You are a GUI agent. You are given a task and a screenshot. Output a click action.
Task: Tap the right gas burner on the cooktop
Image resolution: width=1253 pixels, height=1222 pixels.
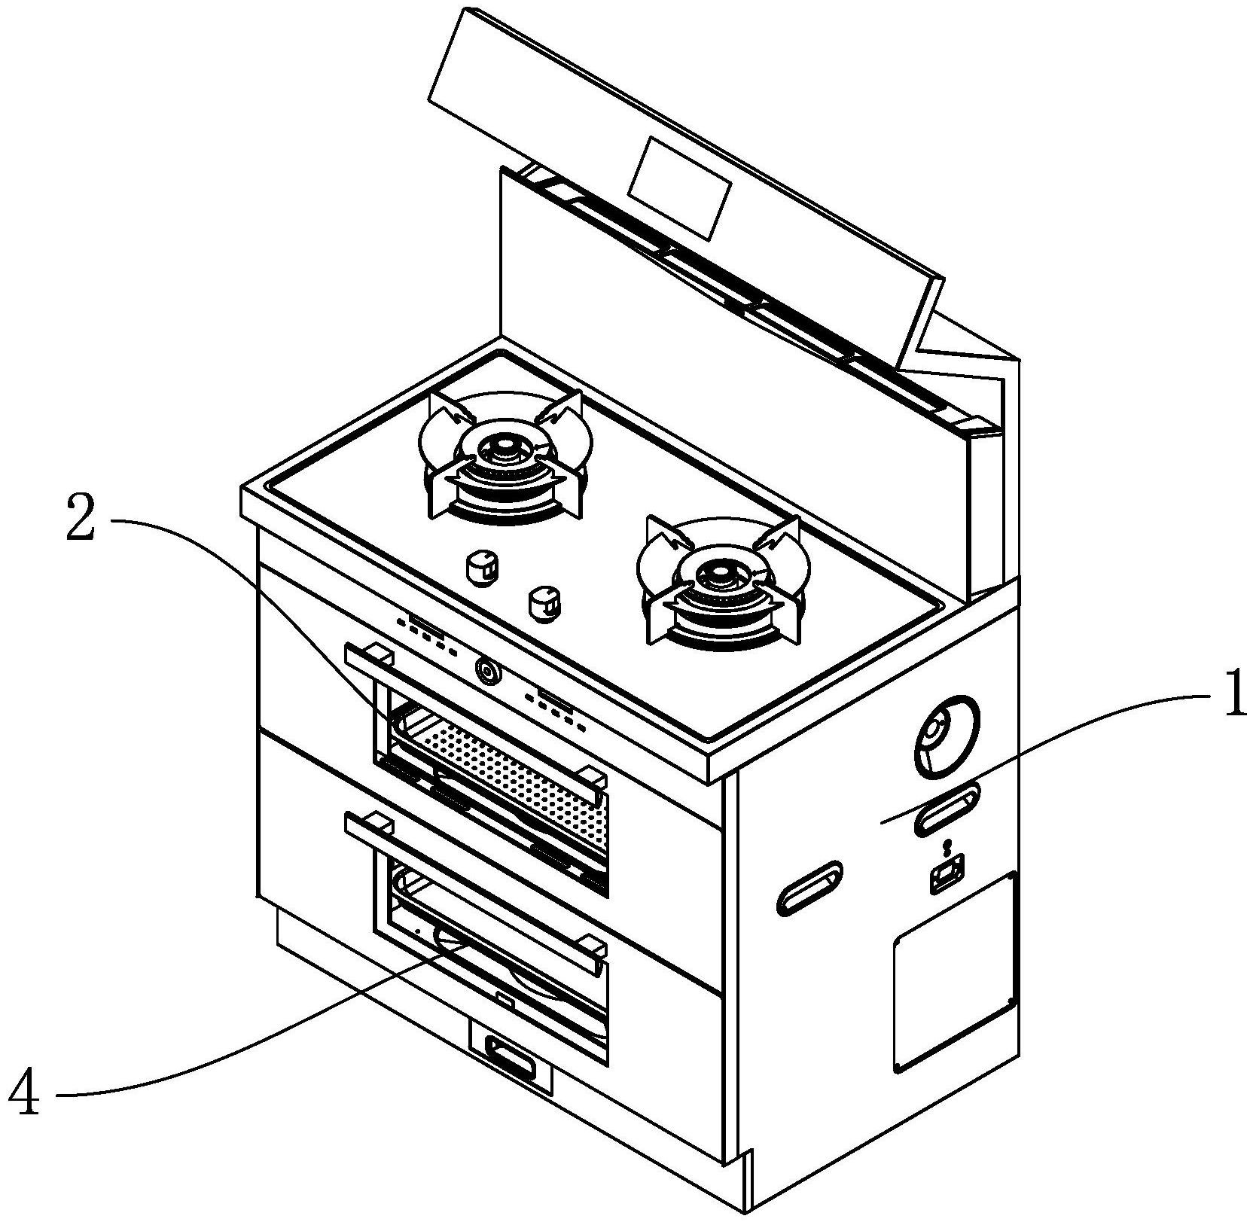[x=721, y=581]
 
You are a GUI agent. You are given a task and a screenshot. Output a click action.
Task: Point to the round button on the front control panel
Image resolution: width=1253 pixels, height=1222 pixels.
[x=486, y=669]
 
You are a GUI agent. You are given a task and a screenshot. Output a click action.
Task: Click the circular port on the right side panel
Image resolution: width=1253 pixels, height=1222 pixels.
[x=947, y=734]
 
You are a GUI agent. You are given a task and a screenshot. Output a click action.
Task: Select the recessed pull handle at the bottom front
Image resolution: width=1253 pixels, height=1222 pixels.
[x=511, y=1054]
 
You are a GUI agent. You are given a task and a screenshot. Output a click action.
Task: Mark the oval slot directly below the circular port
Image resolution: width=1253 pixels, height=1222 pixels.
[x=947, y=808]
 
